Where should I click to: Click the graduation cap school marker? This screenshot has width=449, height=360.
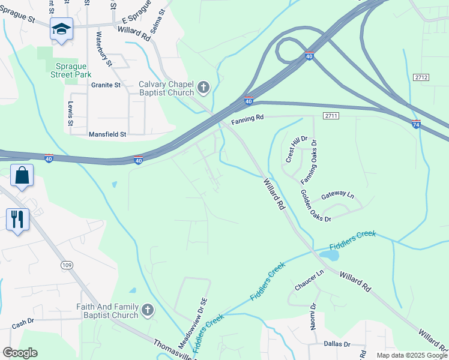[61, 29]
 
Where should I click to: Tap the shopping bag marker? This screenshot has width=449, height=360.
[22, 176]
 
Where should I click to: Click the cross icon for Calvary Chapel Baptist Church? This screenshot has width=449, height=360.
[203, 88]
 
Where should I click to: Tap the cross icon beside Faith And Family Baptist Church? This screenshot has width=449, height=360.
[148, 311]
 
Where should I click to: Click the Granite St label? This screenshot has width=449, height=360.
[106, 85]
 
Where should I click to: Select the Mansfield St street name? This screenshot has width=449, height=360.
[107, 134]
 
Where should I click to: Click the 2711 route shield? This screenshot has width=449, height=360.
[331, 115]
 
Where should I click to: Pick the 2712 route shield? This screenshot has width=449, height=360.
[421, 77]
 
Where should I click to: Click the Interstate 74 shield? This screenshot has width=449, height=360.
[417, 124]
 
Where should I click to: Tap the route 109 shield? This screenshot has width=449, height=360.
[67, 265]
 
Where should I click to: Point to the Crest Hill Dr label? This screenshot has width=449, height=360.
[297, 149]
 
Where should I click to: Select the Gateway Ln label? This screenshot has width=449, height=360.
[338, 195]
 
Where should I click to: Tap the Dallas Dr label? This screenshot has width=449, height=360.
[337, 344]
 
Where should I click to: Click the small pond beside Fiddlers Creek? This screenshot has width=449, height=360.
[329, 256]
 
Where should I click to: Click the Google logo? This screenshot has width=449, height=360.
[20, 353]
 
